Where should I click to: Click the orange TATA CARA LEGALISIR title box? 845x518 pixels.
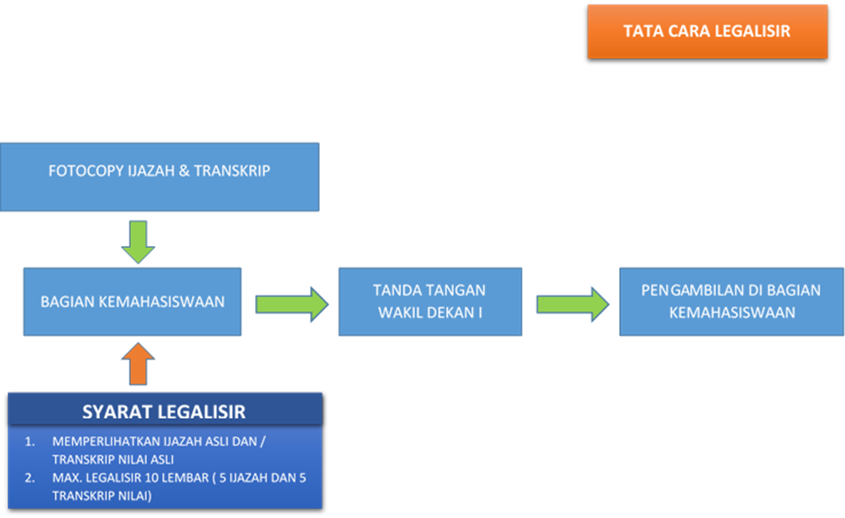pos(707,32)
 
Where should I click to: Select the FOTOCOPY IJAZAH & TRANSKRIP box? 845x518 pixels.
pos(159,177)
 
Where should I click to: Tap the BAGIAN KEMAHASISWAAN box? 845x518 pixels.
pos(132,302)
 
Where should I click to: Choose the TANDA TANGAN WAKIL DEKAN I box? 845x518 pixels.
pos(430,302)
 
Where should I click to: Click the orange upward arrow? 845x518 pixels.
pos(137,363)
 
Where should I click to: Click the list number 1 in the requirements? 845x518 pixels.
pos(31,442)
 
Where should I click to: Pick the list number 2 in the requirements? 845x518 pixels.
pos(31,477)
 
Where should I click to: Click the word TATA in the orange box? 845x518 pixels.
pos(641,32)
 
